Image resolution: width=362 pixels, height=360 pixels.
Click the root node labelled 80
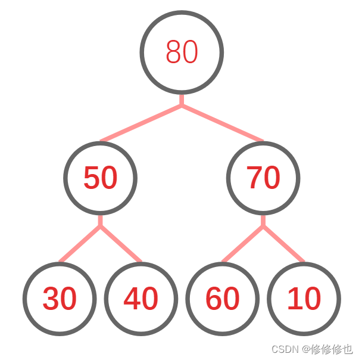182,52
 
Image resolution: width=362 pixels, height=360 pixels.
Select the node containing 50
100,178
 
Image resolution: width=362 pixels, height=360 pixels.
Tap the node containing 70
263,178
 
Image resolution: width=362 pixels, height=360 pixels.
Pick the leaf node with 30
60,298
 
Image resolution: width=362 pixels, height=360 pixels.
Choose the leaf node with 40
141,298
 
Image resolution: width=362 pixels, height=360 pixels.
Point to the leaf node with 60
222,298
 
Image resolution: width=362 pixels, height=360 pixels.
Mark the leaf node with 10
304,298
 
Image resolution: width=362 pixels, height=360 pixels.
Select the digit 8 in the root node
173,52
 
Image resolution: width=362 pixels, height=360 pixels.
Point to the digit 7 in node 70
255,178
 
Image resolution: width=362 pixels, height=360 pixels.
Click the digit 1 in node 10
295,298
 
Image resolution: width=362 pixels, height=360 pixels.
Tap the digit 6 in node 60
213,298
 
